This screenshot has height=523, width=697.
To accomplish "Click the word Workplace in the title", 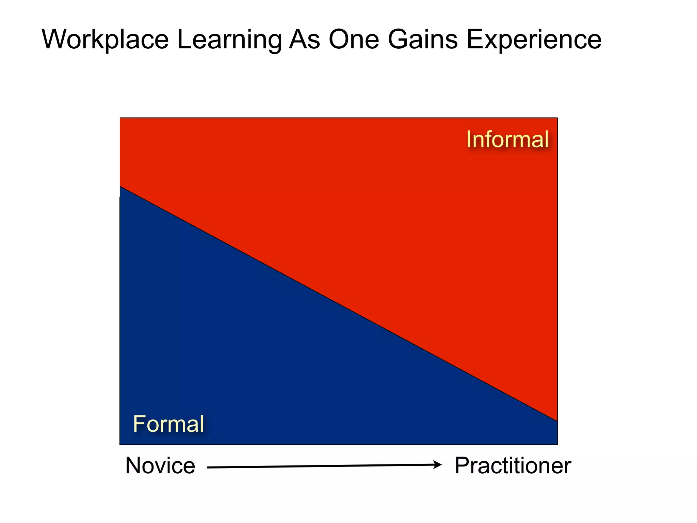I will tap(105, 40).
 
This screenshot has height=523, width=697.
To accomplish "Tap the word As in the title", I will tap(305, 40).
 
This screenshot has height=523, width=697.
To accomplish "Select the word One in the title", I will tap(354, 40).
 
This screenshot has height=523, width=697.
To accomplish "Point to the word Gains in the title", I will tap(423, 40).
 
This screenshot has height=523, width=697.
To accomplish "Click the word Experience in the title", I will tap(534, 40).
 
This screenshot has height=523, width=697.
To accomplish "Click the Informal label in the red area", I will tap(507, 140).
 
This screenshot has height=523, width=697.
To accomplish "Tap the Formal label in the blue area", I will tap(168, 424).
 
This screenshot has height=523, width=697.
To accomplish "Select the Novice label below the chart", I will tap(160, 466).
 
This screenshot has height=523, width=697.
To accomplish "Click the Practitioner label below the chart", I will tap(513, 466).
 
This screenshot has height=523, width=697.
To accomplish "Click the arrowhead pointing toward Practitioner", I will tap(438, 464).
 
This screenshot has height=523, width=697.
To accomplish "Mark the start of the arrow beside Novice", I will tap(209, 467).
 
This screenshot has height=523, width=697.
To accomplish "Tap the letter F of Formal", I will tap(139, 424).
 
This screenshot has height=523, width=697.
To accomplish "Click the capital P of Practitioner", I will tap(462, 466).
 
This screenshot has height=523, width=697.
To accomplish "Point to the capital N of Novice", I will tap(133, 466).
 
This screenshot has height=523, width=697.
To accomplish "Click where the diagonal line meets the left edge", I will tap(120, 186).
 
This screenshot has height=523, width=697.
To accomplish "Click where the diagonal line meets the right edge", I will tap(557, 421).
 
